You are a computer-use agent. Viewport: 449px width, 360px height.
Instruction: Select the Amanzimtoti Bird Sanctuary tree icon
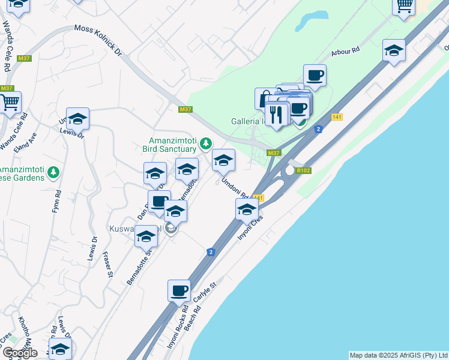pos(205,143)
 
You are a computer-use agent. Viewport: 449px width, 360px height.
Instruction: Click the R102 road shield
pos(304,170)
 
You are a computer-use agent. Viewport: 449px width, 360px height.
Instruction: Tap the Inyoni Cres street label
pos(250,228)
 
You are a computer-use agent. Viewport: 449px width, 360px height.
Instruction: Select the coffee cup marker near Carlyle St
pos(179,291)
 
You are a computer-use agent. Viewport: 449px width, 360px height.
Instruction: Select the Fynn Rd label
pos(58,203)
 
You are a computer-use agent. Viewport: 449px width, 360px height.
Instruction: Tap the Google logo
pos(20,353)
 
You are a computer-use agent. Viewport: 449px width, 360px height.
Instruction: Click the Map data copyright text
pos(399,355)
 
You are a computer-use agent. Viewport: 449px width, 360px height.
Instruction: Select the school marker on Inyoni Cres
pos(247,209)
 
